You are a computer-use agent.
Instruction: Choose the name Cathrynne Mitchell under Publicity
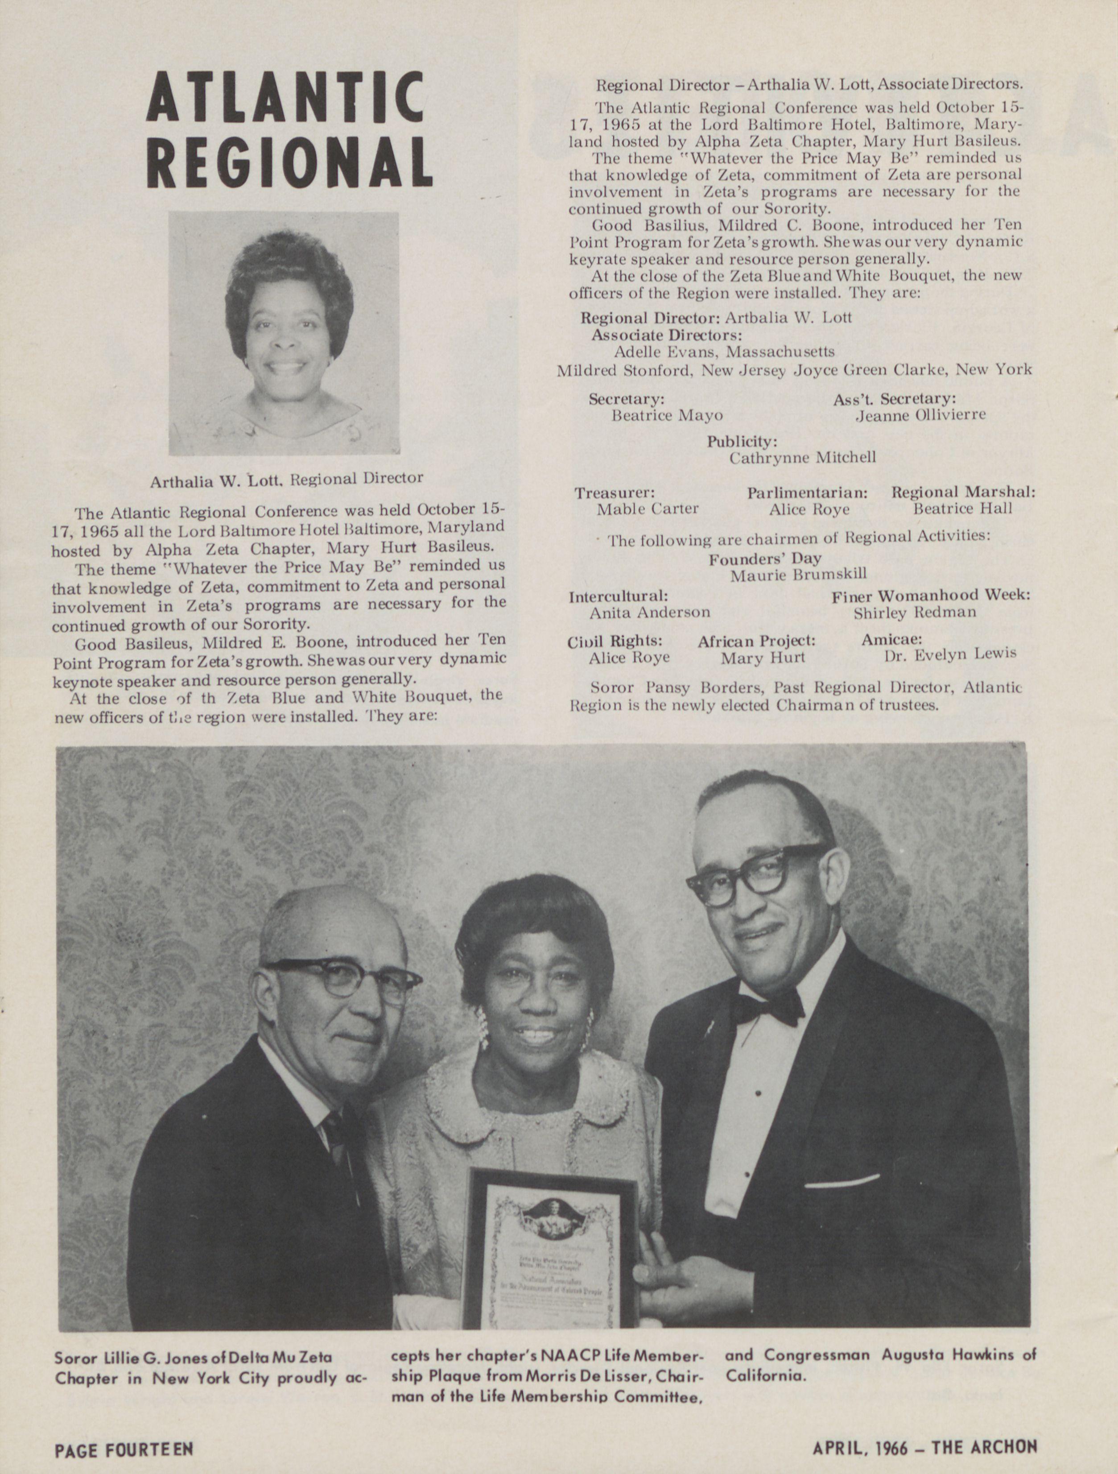pyautogui.click(x=802, y=458)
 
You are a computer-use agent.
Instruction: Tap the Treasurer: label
pyautogui.click(x=615, y=493)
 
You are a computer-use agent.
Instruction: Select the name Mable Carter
pyautogui.click(x=647, y=509)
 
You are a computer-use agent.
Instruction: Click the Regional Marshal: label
pyautogui.click(x=963, y=493)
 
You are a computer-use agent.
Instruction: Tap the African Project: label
pyautogui.click(x=756, y=640)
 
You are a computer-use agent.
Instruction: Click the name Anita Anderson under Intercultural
pyautogui.click(x=649, y=612)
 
